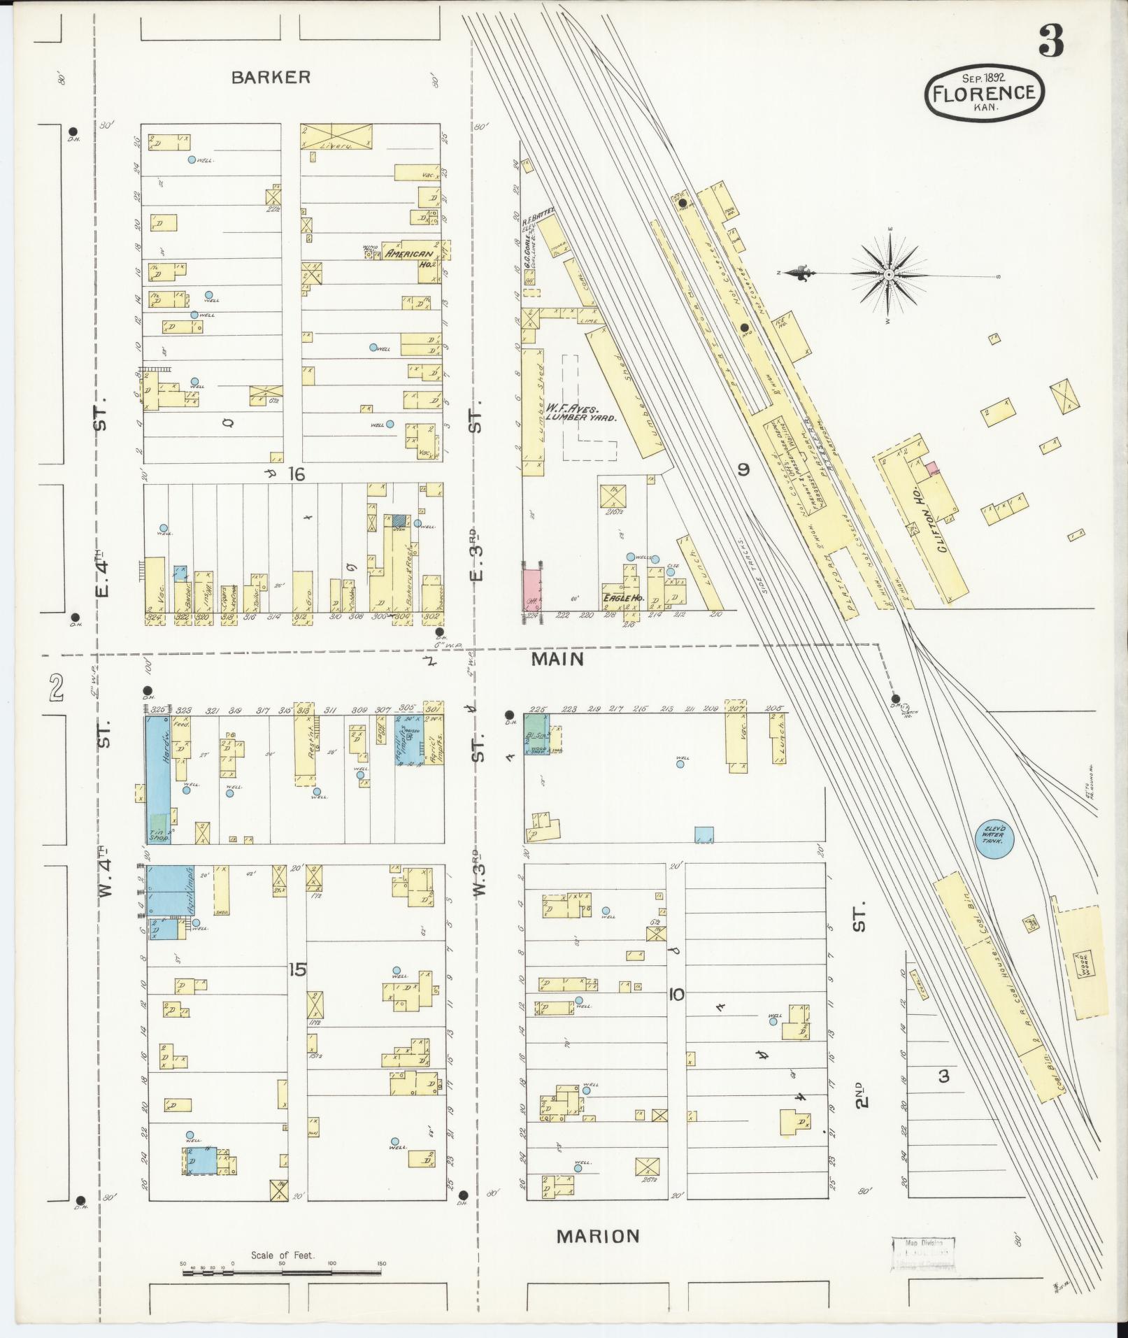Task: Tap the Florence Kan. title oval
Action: pyautogui.click(x=985, y=93)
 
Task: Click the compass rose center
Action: pyautogui.click(x=888, y=275)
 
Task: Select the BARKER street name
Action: pyautogui.click(x=271, y=78)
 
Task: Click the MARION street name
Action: pyautogui.click(x=598, y=1237)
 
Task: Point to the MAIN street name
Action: pyautogui.click(x=557, y=659)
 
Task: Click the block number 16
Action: pyautogui.click(x=297, y=475)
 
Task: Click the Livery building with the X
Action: pyautogui.click(x=337, y=136)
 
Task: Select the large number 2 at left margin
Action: pyautogui.click(x=56, y=688)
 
